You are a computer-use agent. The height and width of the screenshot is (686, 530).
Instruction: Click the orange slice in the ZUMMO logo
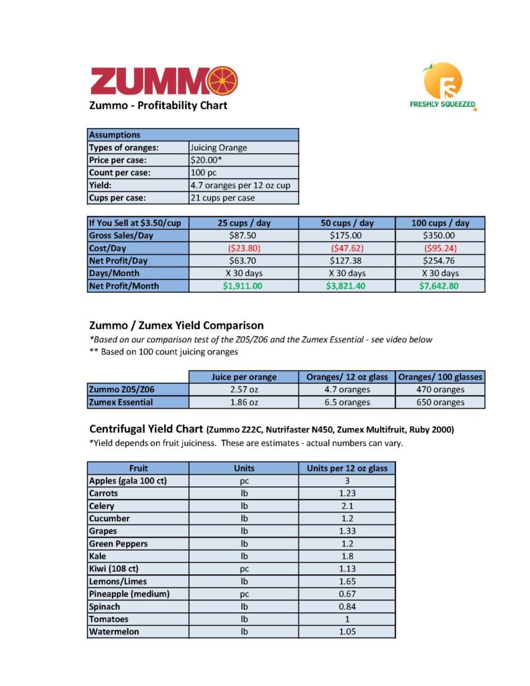click(222, 81)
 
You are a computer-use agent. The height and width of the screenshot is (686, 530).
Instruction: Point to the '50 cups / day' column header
click(347, 223)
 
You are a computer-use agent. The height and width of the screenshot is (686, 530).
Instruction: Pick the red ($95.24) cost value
click(440, 248)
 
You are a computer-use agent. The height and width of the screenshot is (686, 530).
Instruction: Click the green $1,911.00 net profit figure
click(243, 285)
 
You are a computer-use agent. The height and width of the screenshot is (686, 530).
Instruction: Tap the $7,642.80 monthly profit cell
click(440, 285)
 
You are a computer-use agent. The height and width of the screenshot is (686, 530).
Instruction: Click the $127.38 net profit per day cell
click(347, 261)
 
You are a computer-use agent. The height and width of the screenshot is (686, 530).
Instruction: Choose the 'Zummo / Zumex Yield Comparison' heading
click(176, 326)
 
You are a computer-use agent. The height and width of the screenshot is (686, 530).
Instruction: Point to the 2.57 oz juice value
click(244, 389)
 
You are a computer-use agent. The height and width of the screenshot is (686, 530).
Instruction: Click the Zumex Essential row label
click(121, 402)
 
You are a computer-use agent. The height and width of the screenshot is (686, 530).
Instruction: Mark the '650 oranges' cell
click(440, 402)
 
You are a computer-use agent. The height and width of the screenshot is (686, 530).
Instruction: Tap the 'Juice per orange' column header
click(244, 376)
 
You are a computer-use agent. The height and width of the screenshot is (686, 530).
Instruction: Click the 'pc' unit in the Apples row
click(244, 480)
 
